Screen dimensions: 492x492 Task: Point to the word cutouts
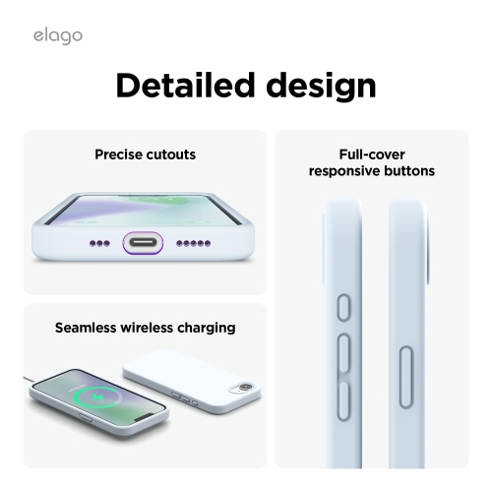[172, 154]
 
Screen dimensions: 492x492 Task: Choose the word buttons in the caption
[409, 171]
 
